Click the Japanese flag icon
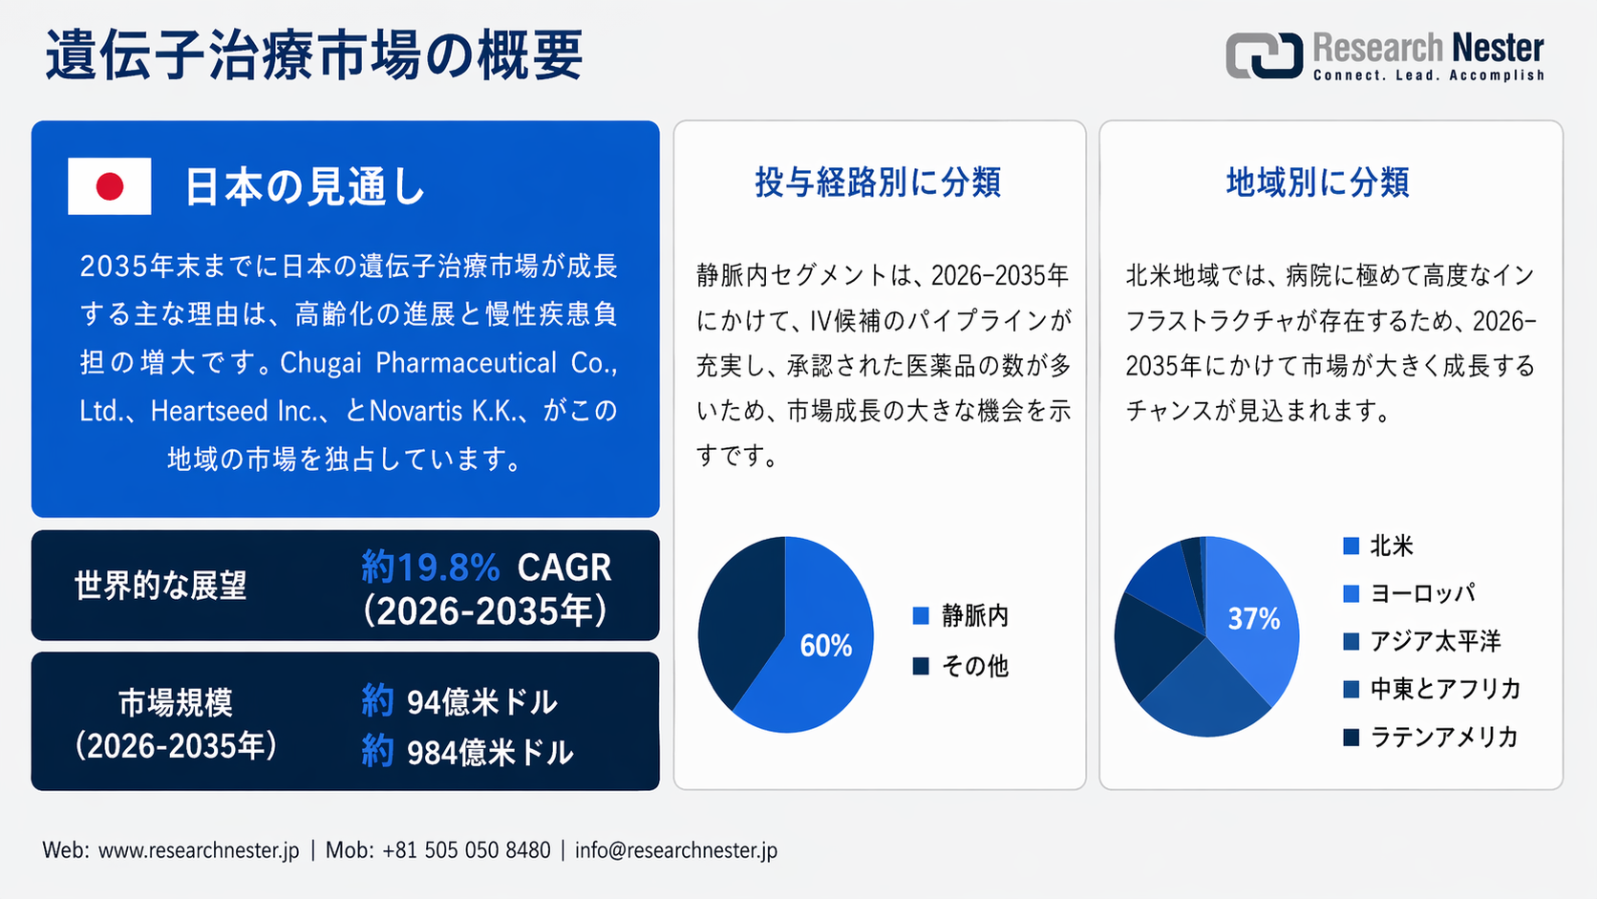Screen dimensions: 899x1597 point(109,186)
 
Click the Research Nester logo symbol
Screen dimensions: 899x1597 point(1264,55)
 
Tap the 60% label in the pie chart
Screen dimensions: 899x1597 point(825,647)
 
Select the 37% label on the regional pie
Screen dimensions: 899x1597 point(1253,620)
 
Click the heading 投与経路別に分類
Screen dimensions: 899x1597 point(878,182)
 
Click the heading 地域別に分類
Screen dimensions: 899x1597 point(1317,182)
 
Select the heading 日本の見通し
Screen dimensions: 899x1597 point(304,186)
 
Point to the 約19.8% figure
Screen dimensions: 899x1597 point(431,567)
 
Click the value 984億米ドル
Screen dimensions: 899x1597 point(489,753)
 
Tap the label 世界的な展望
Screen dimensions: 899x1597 point(160,586)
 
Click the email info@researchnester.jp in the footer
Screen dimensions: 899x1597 point(675,850)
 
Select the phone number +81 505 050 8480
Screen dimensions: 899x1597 point(466,850)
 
